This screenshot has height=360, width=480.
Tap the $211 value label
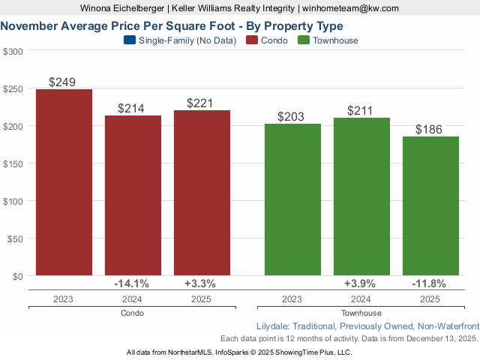[361, 111]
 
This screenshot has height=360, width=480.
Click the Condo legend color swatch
[251, 40]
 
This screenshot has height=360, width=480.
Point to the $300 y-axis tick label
[13, 51]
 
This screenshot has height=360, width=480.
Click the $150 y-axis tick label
[13, 163]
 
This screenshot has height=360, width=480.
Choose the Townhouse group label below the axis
[361, 313]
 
